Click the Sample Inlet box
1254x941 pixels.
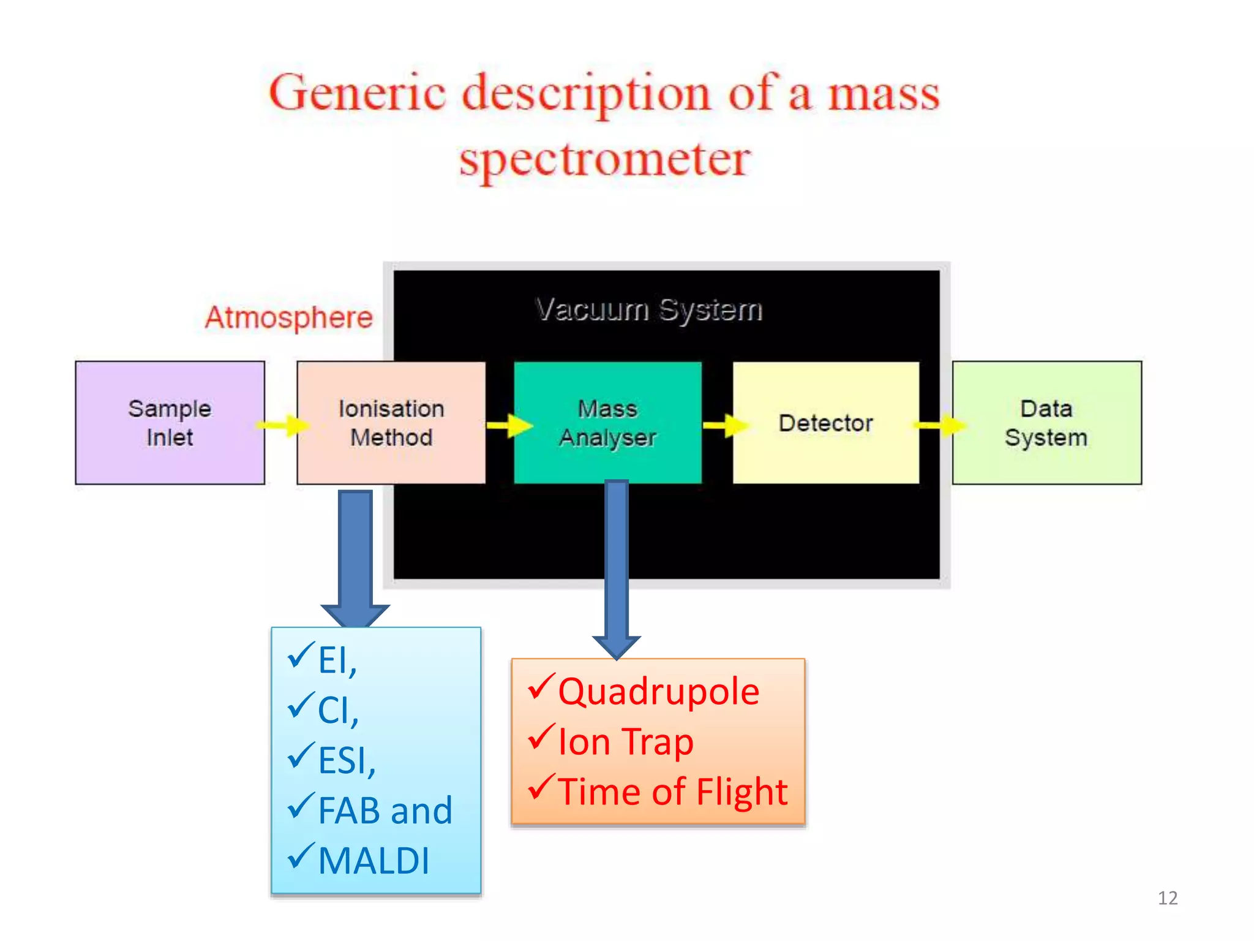click(170, 423)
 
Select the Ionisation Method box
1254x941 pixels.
click(391, 423)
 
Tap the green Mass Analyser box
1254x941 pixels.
click(607, 423)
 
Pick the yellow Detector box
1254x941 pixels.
click(825, 423)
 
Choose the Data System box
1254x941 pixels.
click(1046, 423)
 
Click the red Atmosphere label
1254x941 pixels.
click(288, 317)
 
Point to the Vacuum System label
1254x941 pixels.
click(649, 309)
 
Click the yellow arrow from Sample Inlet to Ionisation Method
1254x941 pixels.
click(283, 425)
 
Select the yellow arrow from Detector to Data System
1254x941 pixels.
click(939, 425)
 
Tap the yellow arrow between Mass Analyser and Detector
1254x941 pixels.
click(725, 425)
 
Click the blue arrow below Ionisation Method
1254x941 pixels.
click(355, 557)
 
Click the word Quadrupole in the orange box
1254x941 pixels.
click(658, 692)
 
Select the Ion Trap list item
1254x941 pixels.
click(625, 742)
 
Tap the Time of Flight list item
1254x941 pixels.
click(672, 792)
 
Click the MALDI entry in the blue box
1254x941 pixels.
click(374, 861)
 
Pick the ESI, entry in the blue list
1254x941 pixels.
click(347, 760)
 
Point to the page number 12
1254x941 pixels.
click(1167, 898)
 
